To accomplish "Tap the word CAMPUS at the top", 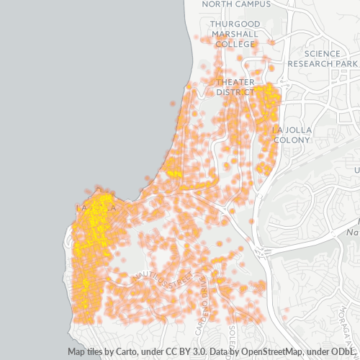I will [253, 4].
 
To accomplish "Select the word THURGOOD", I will [235, 24].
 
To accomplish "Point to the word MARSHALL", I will [235, 34].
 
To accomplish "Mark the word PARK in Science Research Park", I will [347, 63].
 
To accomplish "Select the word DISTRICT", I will [235, 92].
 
